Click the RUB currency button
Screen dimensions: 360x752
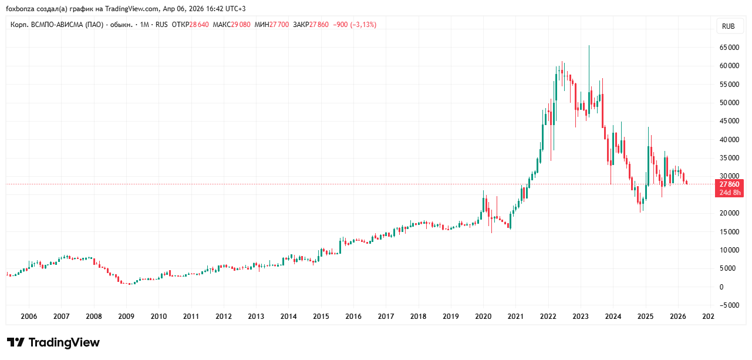pyautogui.click(x=728, y=26)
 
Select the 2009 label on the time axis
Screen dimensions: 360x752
pyautogui.click(x=126, y=316)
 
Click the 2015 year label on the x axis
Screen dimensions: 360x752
pyautogui.click(x=321, y=316)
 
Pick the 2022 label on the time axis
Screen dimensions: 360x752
pyautogui.click(x=548, y=316)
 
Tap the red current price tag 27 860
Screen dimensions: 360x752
pyautogui.click(x=729, y=184)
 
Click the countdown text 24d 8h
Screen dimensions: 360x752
pyautogui.click(x=729, y=193)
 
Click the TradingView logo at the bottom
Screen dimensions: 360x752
pyautogui.click(x=53, y=342)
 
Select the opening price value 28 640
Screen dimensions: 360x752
pyautogui.click(x=200, y=25)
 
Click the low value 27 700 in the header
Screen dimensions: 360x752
pyautogui.click(x=279, y=25)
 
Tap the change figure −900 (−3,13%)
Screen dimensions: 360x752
pyautogui.click(x=355, y=25)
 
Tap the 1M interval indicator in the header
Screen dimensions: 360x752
pyautogui.click(x=145, y=25)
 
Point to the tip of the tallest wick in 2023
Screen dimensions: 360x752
pyautogui.click(x=589, y=46)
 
